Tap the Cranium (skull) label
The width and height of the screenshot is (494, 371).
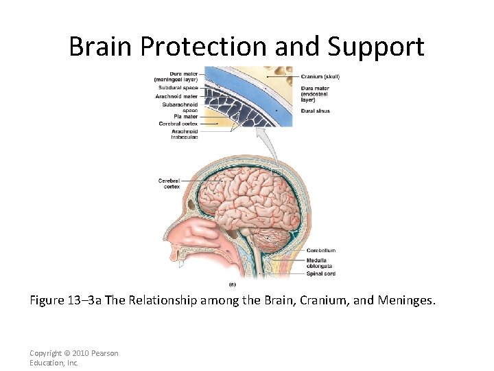point(320,76)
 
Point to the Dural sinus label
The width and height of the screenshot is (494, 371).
point(316,111)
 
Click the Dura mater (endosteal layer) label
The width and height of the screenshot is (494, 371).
point(316,94)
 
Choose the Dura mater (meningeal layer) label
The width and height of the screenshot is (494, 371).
point(176,77)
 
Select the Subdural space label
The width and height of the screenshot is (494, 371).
point(179,88)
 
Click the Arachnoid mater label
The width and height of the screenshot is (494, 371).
point(178,96)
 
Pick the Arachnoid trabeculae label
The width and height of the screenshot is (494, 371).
point(184,134)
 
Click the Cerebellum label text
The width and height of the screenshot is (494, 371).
point(320,250)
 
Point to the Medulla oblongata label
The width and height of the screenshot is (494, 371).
point(320,263)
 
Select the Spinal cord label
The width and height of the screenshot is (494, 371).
point(321,273)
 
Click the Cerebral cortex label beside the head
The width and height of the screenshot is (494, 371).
point(169,183)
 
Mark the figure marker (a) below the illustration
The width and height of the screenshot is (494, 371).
point(233,283)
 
